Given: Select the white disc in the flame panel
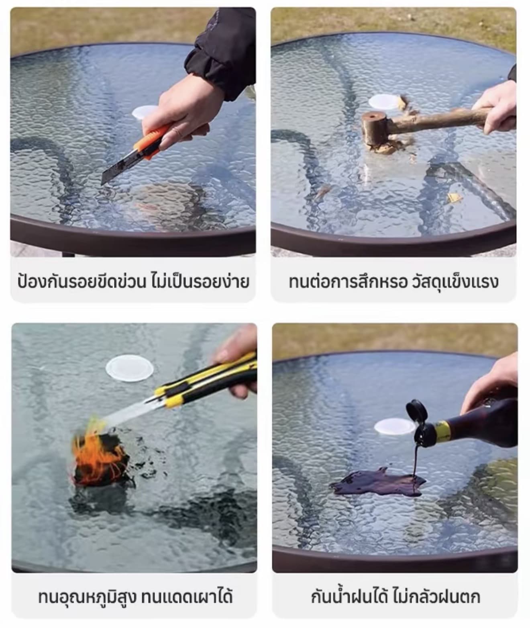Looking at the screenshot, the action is click(x=130, y=368).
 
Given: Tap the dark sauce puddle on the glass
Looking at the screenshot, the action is click(x=378, y=483).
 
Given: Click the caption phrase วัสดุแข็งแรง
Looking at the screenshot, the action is click(x=455, y=282).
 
